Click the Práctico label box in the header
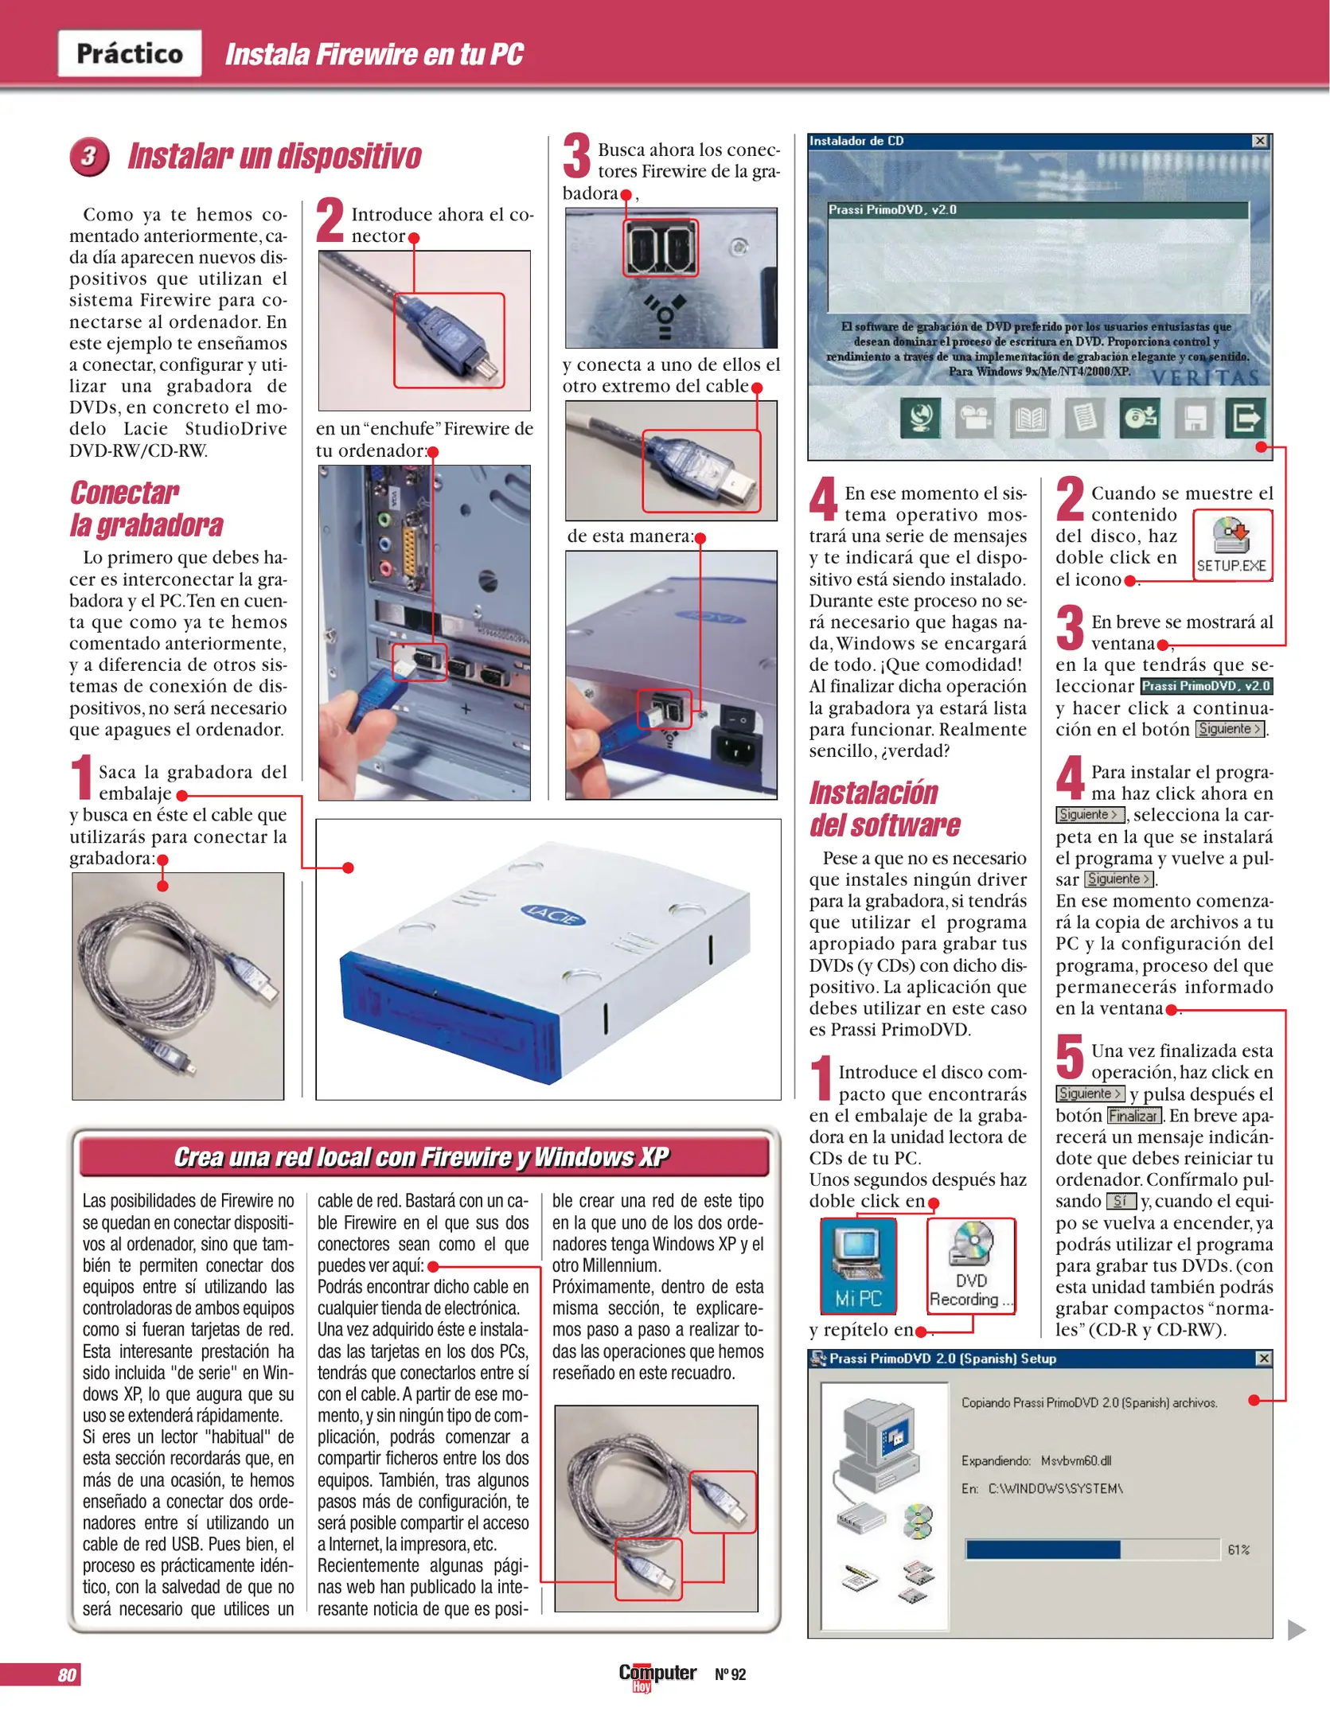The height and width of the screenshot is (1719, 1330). click(129, 53)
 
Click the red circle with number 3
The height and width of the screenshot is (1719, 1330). click(89, 156)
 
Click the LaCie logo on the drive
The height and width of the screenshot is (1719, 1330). click(552, 915)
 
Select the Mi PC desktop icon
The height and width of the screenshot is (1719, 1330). click(858, 1265)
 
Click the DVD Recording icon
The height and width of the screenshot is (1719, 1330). click(971, 1265)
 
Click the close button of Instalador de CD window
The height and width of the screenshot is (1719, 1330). click(1260, 141)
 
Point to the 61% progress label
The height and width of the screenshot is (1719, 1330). click(1238, 1549)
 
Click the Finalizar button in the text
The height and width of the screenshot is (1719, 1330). click(1133, 1116)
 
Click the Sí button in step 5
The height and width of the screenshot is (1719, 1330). click(1120, 1201)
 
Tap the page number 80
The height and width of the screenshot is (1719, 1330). click(67, 1674)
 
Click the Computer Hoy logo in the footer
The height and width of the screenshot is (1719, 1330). click(657, 1674)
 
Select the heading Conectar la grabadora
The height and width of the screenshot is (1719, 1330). click(146, 509)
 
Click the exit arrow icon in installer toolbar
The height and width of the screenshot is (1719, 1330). click(1246, 417)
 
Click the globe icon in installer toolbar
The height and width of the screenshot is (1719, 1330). click(921, 417)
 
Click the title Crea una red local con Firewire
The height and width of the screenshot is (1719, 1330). click(422, 1157)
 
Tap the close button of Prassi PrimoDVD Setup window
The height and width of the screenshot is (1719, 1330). click(1263, 1358)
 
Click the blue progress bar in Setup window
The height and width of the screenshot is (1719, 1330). click(1042, 1549)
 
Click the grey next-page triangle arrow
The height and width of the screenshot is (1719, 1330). click(1296, 1629)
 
